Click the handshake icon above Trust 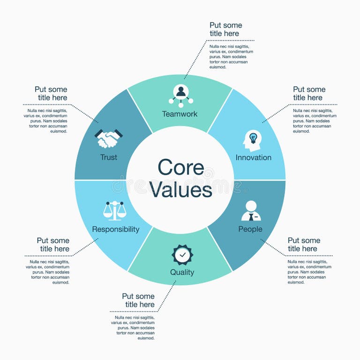[x=109, y=138]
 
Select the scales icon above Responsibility [x=115, y=211]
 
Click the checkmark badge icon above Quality [x=182, y=255]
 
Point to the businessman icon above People [x=251, y=211]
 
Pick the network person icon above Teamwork [x=181, y=94]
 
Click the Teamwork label [x=180, y=114]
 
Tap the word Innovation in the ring [x=254, y=157]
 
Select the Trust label [x=109, y=157]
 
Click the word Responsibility [x=116, y=229]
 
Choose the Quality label [x=182, y=272]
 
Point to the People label [x=250, y=229]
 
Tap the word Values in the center [x=180, y=190]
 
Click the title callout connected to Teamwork [x=225, y=30]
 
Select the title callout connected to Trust [x=51, y=94]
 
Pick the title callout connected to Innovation [x=309, y=94]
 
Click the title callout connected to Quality [x=138, y=300]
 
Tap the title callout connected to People [x=304, y=245]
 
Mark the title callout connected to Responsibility [x=53, y=245]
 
